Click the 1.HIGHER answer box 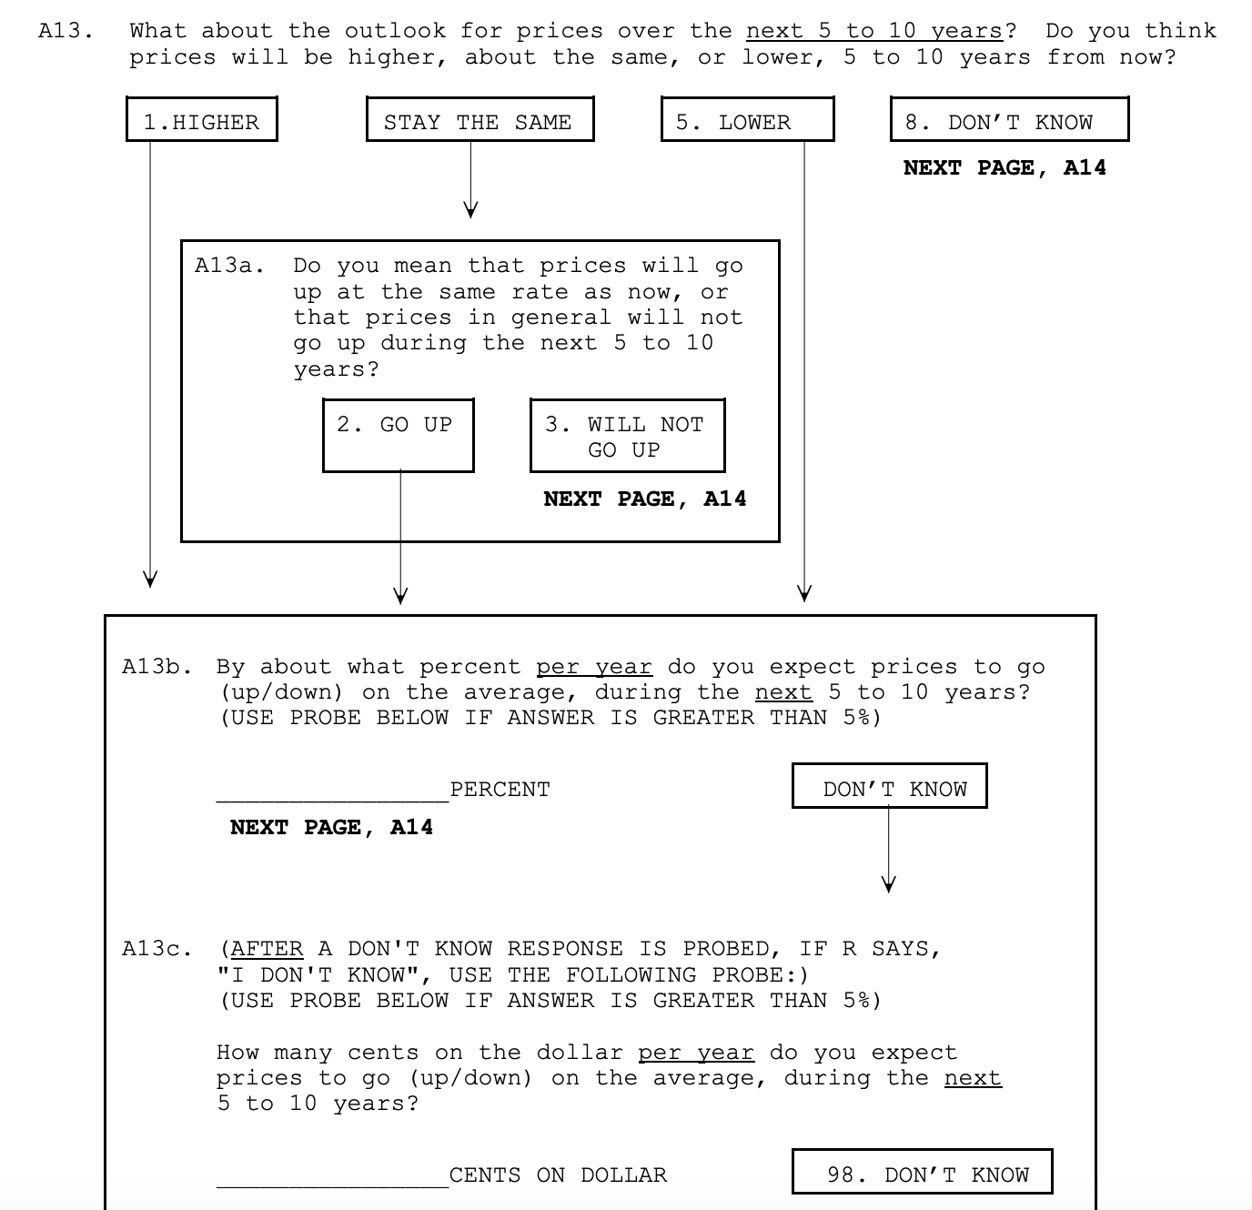coord(201,120)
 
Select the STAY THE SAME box coord(480,120)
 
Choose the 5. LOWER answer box coord(747,120)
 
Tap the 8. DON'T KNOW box coord(1009,120)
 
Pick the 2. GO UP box coord(398,436)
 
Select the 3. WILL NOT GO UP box coord(627,436)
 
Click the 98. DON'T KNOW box coord(922,1173)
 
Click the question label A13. coord(66,31)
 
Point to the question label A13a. coord(229,266)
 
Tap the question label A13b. coord(156,667)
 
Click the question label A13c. coord(156,949)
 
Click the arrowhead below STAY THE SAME coord(470,210)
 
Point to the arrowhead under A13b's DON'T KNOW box coord(889,883)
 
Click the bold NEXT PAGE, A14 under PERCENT coord(331,827)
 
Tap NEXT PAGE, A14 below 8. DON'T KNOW coord(1005,167)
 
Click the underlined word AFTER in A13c coord(267,949)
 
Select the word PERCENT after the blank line coord(500,790)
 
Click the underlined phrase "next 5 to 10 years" coord(873,31)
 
